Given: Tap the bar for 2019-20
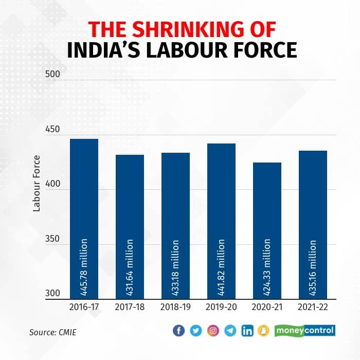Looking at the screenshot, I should [221, 221].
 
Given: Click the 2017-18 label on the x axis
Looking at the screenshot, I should [130, 308].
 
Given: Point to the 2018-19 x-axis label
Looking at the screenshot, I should [175, 308].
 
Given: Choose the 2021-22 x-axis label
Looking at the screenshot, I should [313, 308].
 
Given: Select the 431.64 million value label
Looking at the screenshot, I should [130, 267].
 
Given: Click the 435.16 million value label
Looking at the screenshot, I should [313, 267].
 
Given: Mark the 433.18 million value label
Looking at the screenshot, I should [175, 267].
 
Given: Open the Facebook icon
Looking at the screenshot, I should [178, 331].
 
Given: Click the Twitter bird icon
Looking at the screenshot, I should [196, 331].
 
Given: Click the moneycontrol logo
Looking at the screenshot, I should [305, 330].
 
